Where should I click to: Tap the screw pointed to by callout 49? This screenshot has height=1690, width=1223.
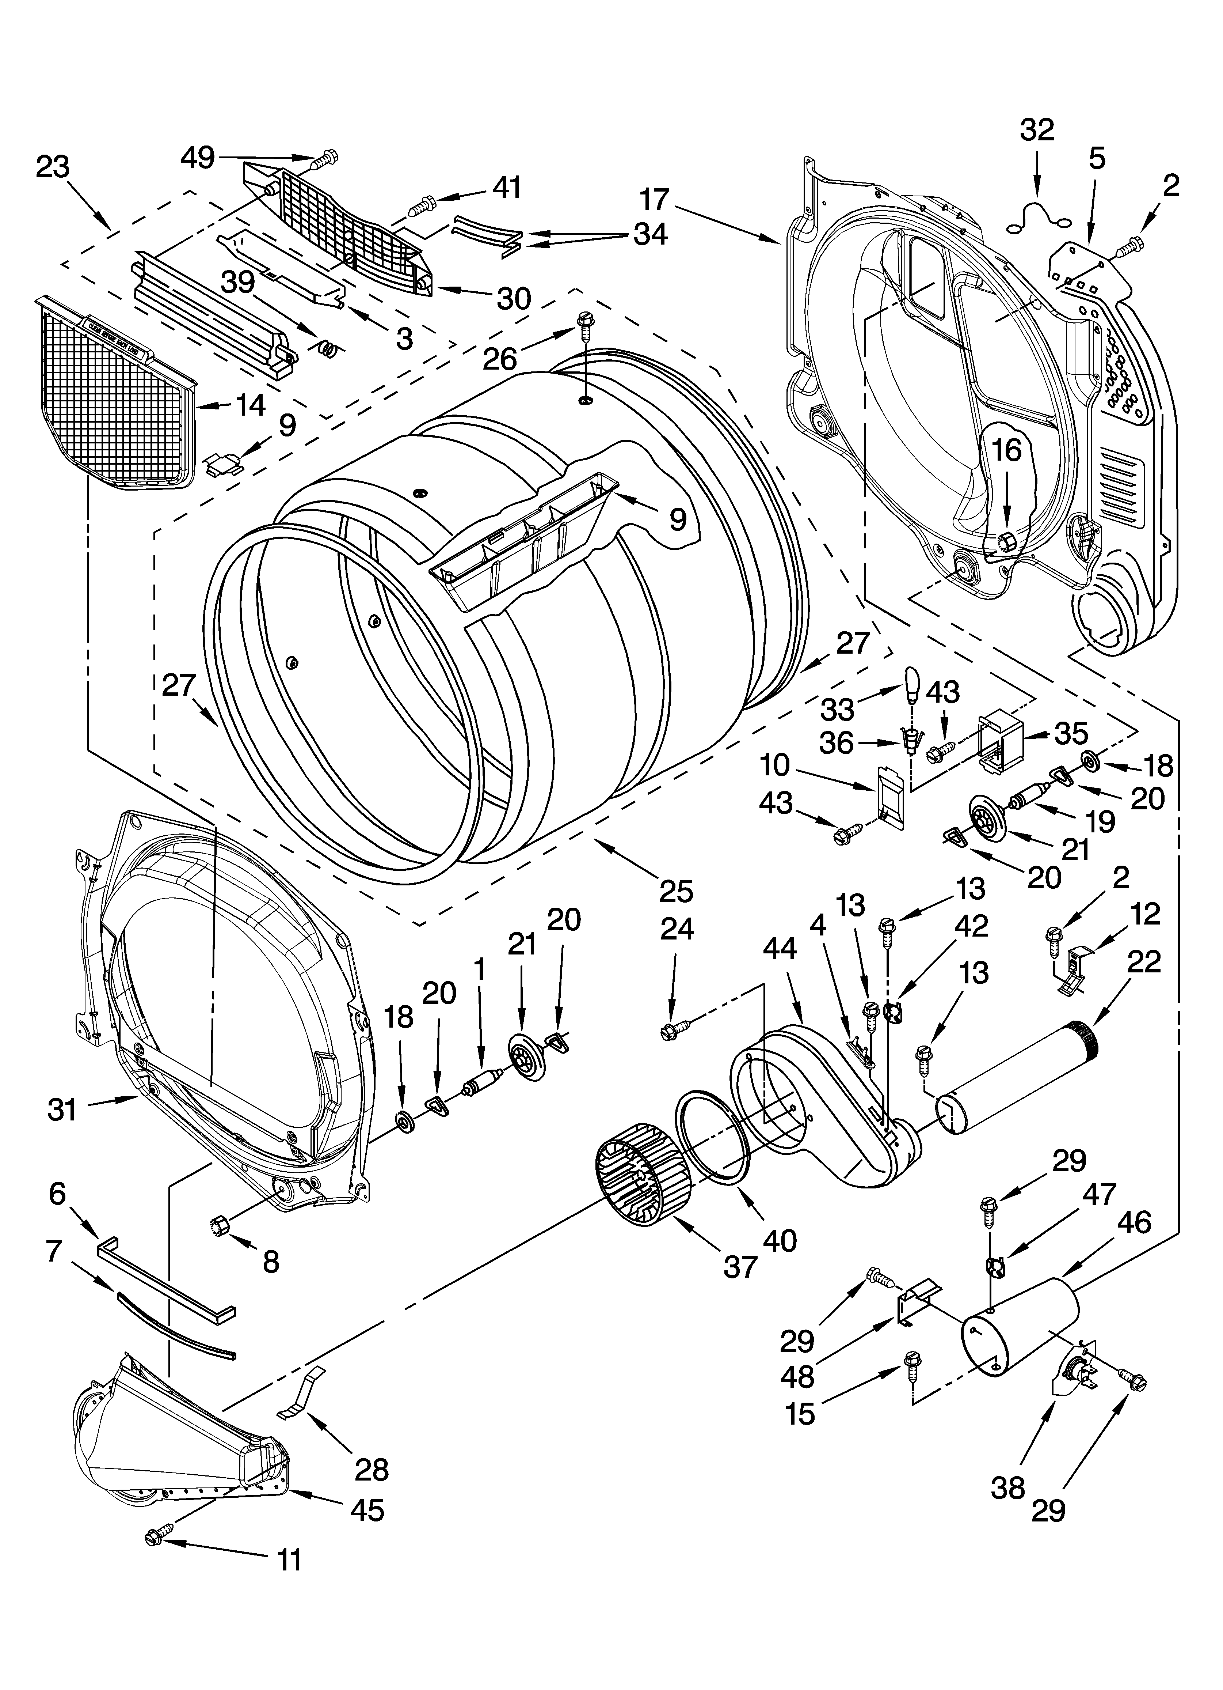click(325, 158)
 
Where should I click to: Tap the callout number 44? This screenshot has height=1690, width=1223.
click(780, 949)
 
